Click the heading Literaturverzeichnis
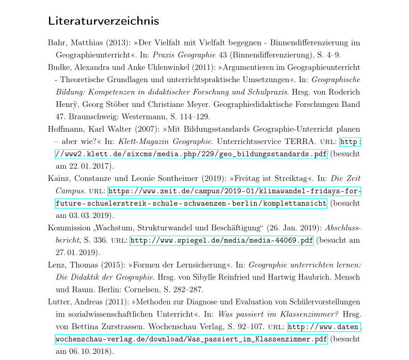(103, 22)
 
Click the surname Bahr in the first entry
(57, 42)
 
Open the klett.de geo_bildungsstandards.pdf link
(191, 154)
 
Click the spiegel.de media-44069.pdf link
(222, 241)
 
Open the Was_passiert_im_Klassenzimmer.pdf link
(191, 340)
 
